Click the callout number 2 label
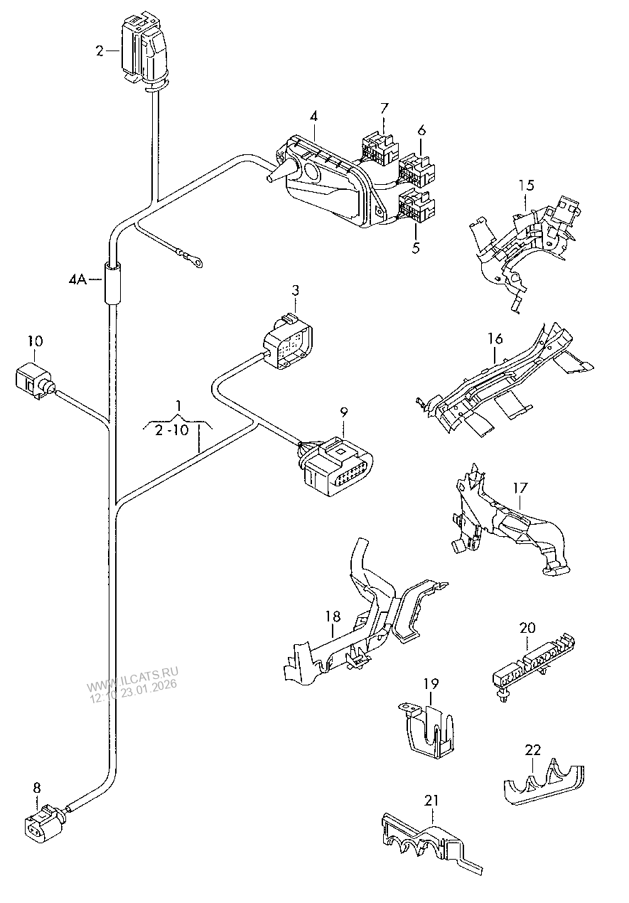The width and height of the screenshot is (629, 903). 100,51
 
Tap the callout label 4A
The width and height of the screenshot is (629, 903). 77,279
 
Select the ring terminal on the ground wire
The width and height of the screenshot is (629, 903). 198,263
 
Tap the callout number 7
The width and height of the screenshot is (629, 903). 384,109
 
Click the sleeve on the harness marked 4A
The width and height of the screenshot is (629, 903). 112,282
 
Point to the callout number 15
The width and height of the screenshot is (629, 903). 526,186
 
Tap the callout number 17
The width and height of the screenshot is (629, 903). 520,488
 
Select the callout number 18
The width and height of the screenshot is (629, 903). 333,616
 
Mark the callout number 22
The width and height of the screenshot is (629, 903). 532,750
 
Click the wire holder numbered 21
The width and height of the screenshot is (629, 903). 431,843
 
